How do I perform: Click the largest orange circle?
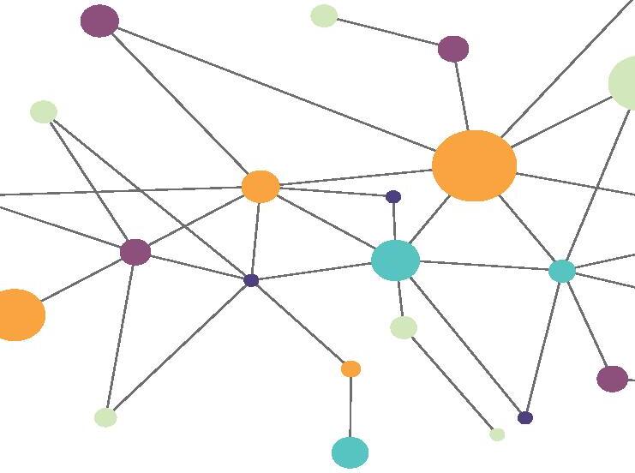coord(474,165)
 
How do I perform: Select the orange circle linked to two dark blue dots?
coord(261,186)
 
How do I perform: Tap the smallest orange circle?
coord(350,368)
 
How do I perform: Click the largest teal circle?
coord(395,260)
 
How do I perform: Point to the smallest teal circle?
coord(561,271)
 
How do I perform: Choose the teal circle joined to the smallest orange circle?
coord(350,452)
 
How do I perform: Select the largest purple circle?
coord(99,21)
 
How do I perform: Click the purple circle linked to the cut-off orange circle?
coord(135,252)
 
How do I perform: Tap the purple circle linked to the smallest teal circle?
coord(611,378)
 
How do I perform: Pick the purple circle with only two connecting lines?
coord(453,49)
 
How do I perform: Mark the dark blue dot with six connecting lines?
coord(251,280)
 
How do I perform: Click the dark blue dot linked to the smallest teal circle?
coord(525,417)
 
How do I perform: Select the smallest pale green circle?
coord(497,434)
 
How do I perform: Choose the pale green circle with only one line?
coord(324,15)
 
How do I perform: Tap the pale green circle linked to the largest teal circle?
coord(404,327)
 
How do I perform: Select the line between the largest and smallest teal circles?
coord(484,266)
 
